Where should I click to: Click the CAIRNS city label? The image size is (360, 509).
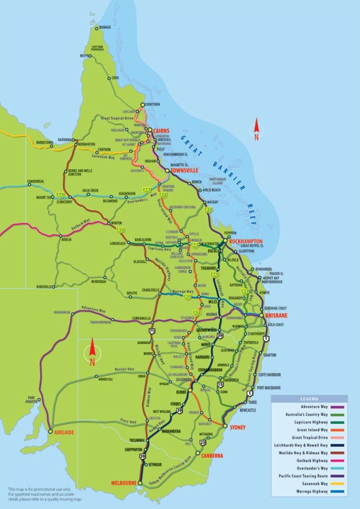pos(163,132)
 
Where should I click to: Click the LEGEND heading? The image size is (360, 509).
pos(308,398)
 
